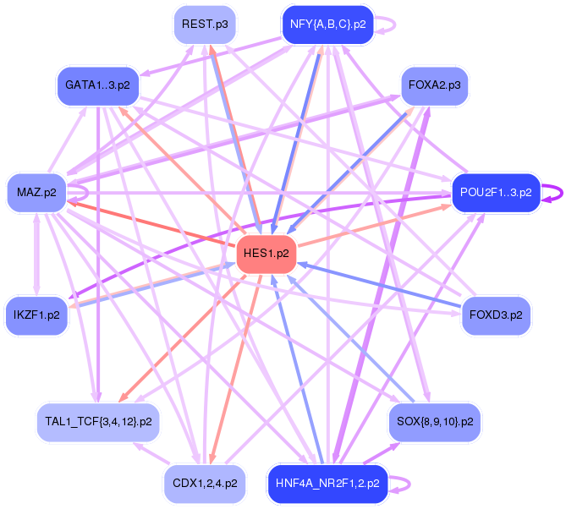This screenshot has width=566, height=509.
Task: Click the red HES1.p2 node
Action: tap(266, 253)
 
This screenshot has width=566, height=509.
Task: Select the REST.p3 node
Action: tap(206, 25)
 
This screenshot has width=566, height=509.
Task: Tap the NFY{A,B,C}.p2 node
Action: tap(327, 25)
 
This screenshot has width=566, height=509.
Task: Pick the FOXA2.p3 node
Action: tap(435, 85)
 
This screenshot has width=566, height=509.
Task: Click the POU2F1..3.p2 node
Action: tap(496, 192)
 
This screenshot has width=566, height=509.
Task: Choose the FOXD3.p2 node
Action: tap(496, 315)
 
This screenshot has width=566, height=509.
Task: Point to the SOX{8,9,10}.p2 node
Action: tap(434, 420)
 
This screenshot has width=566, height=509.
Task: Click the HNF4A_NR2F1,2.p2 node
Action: tap(327, 484)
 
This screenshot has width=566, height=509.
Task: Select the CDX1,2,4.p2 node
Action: tap(205, 484)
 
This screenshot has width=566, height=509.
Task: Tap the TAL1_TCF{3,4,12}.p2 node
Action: tap(99, 420)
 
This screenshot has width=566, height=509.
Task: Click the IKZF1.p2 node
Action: tap(36, 315)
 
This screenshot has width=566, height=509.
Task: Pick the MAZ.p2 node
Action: tap(36, 192)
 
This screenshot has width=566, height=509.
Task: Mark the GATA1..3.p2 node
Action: tap(97, 85)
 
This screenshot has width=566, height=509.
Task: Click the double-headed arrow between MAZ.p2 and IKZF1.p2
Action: tap(36, 254)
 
